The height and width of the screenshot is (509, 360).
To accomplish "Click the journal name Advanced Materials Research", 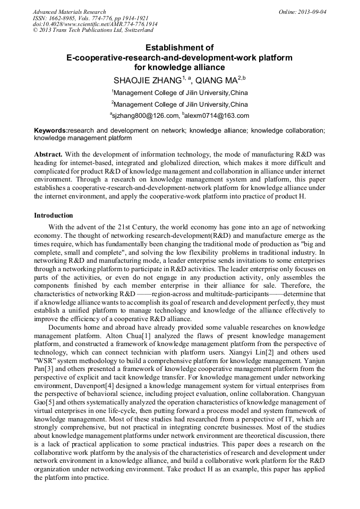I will pyautogui.click(x=69, y=12).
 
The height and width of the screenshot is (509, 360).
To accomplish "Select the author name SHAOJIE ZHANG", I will pyautogui.click(x=148, y=81).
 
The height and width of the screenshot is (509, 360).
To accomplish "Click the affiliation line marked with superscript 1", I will pyautogui.click(x=180, y=93).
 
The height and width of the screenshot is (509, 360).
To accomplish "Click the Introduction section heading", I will pyautogui.click(x=54, y=215).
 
